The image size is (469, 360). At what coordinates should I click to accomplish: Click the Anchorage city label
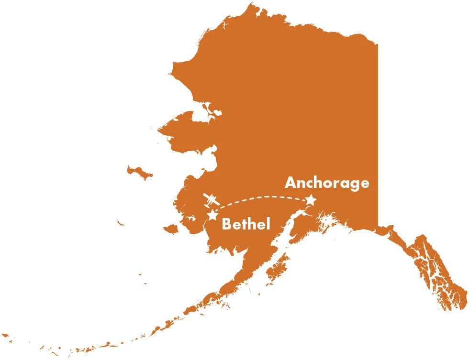click(x=327, y=183)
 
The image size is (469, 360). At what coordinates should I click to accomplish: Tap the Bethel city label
click(x=246, y=224)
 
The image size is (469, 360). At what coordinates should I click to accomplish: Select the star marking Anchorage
click(x=311, y=200)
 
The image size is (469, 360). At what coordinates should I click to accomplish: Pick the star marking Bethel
click(x=212, y=215)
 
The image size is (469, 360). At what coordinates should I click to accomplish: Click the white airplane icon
click(x=212, y=200)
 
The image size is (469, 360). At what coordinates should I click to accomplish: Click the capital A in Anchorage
click(x=291, y=183)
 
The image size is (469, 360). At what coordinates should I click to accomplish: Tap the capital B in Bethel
click(x=227, y=224)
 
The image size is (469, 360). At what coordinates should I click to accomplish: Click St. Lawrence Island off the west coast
click(x=139, y=172)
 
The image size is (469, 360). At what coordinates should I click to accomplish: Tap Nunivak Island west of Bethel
click(x=170, y=230)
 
